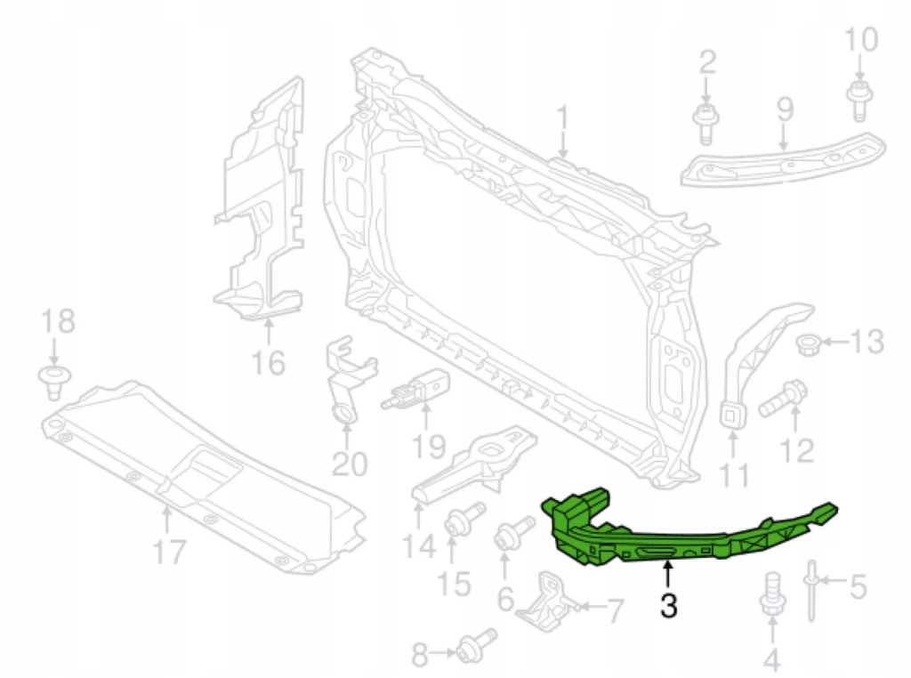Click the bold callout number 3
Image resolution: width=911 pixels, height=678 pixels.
click(669, 605)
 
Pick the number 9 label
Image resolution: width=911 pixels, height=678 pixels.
click(785, 109)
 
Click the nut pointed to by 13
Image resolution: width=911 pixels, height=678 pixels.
click(807, 343)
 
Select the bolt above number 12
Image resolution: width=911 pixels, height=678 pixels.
click(781, 397)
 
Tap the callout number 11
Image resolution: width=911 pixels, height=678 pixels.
click(733, 473)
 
